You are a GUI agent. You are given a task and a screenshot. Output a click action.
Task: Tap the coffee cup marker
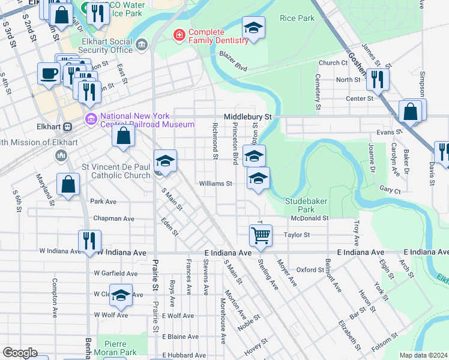(48, 73)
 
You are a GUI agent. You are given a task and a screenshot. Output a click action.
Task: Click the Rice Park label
(297, 19)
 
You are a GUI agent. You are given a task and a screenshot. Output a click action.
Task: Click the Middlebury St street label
(248, 116)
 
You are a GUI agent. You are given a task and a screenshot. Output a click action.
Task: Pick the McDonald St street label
(310, 218)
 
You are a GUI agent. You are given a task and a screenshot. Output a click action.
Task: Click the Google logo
(20, 353)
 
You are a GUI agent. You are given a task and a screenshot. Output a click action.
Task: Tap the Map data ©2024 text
(423, 355)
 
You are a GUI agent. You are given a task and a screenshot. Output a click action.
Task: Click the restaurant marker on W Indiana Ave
(89, 241)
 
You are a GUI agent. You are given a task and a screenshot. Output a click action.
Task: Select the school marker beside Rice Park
(253, 27)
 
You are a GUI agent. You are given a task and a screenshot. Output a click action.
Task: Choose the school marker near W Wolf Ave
(121, 294)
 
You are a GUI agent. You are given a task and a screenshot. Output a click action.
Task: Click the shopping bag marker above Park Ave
(68, 184)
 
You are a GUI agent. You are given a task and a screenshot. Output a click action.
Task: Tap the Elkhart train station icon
(68, 127)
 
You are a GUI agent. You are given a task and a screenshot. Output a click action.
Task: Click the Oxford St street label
(310, 270)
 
